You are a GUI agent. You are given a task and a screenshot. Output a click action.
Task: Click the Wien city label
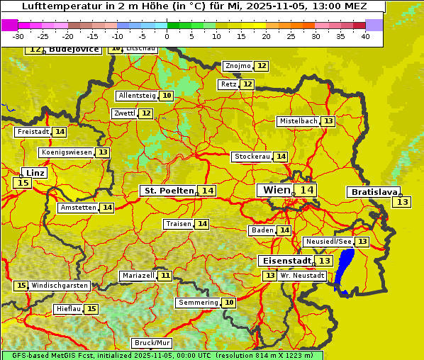point(276,190)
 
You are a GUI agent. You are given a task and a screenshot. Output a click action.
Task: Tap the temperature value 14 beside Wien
point(306,190)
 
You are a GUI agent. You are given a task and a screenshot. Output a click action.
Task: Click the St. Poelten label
point(169,191)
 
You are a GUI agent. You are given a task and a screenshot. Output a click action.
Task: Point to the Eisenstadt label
point(284,261)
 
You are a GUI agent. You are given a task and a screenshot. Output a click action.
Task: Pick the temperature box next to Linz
point(23,183)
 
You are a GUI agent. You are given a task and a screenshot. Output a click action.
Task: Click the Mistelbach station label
point(298,121)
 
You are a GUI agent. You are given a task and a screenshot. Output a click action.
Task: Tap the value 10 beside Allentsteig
point(167,96)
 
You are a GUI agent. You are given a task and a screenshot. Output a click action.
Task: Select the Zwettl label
point(124,113)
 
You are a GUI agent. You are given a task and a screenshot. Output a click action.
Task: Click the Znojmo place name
point(238,66)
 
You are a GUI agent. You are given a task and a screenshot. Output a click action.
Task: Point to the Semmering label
point(198,303)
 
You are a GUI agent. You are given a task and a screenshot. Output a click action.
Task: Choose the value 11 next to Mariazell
point(165,275)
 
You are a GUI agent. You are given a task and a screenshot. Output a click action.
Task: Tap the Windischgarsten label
point(60,286)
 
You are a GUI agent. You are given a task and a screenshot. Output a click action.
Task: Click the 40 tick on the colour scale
point(365,36)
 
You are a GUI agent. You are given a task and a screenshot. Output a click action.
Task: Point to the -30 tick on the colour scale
point(18,36)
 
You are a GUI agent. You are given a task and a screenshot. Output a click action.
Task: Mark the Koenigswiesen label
point(67,152)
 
